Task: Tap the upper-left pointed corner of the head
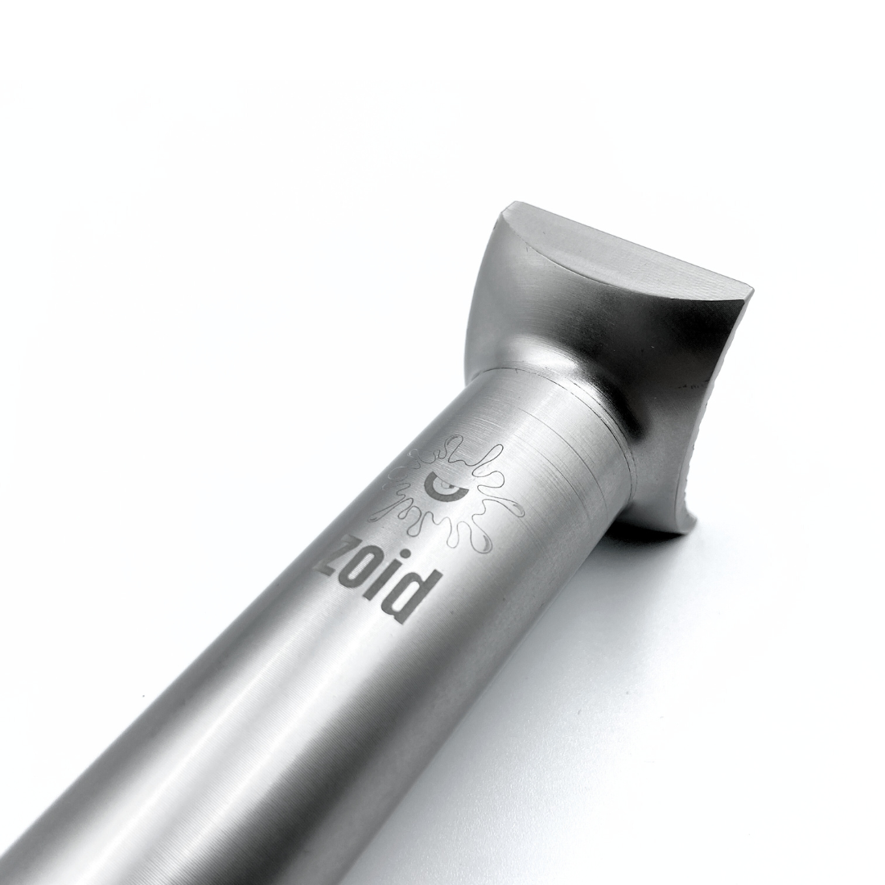[x=504, y=207]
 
